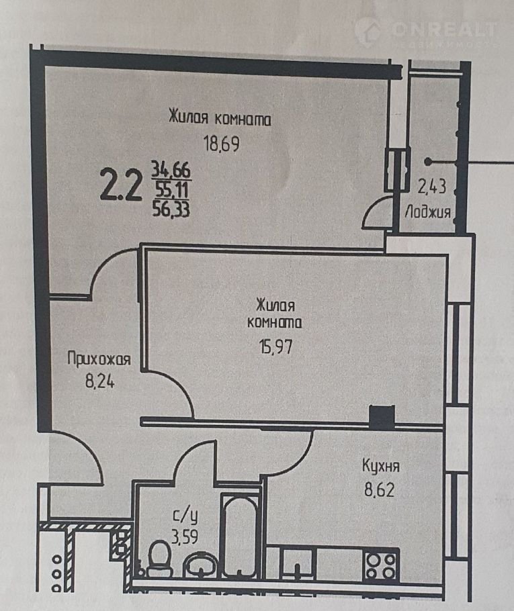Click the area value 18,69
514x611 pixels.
222,144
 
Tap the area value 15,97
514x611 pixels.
275,346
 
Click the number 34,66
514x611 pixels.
171,170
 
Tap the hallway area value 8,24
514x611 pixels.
100,381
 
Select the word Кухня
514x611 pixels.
381,467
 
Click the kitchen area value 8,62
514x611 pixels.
380,489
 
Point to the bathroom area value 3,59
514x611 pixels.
185,536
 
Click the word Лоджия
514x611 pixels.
428,212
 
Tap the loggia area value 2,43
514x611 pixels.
432,187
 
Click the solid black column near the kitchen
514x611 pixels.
382,416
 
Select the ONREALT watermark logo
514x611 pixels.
426,32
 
